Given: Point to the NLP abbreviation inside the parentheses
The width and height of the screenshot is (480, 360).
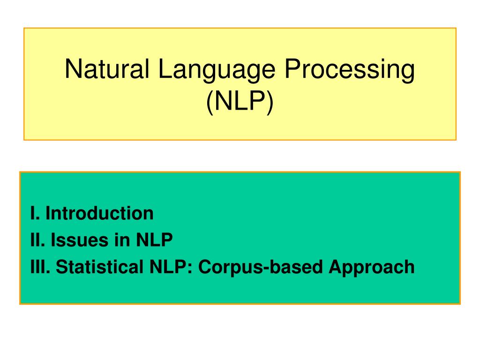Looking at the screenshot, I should (240, 101).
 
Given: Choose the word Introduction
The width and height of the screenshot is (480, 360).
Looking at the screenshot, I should (99, 214).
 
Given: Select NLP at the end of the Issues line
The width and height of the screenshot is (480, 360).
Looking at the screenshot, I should (155, 240).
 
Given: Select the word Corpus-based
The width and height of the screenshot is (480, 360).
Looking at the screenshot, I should (261, 268).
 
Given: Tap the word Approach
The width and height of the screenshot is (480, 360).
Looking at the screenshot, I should (371, 268).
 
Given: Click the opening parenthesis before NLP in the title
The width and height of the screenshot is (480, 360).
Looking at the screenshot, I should (210, 102).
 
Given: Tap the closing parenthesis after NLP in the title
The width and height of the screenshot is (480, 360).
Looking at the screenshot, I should (270, 102).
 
